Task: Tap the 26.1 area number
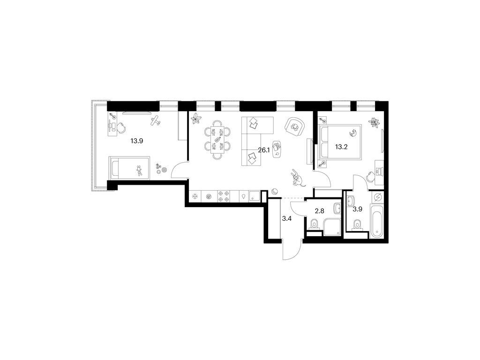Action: (x=264, y=150)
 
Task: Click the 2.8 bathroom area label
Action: (x=319, y=211)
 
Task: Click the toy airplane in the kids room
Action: (x=156, y=121)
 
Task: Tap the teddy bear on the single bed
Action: (x=139, y=171)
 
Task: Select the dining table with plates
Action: (x=217, y=139)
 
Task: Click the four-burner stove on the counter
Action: (x=223, y=196)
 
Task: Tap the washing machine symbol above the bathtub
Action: (x=377, y=198)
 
